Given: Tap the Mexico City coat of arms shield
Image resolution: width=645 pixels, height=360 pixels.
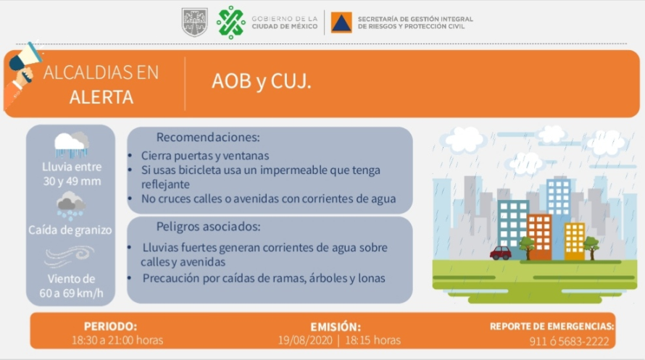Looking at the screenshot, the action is [x=194, y=22].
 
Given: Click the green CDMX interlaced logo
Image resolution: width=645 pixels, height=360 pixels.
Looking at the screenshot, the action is [x=230, y=22].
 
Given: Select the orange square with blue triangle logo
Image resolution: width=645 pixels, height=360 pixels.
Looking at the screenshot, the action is [x=341, y=22].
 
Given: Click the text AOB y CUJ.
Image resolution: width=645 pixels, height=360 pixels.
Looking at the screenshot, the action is [x=262, y=81].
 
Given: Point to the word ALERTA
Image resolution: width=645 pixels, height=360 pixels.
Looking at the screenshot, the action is [x=101, y=97].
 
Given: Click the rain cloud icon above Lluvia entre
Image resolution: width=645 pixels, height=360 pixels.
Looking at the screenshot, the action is [x=72, y=145].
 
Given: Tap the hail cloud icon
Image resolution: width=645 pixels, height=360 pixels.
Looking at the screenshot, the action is [x=71, y=206].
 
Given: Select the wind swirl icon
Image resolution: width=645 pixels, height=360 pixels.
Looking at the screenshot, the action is [x=69, y=256].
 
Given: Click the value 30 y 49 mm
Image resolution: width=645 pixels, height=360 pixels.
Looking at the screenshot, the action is [x=72, y=181].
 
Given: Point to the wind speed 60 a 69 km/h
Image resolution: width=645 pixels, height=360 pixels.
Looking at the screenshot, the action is [x=71, y=293].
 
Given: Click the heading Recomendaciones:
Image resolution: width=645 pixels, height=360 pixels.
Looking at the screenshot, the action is [x=208, y=137].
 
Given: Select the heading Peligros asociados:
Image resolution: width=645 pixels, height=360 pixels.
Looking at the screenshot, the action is [x=208, y=227].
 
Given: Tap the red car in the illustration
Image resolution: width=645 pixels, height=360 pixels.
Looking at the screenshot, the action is [x=501, y=253].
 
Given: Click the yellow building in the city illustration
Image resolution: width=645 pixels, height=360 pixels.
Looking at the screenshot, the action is [x=575, y=241].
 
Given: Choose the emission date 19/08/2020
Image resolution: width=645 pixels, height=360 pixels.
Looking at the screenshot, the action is [x=305, y=340].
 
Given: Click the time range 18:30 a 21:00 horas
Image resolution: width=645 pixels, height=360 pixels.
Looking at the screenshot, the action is [x=117, y=340].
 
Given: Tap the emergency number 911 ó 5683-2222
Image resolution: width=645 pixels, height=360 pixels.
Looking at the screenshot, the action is [x=569, y=341].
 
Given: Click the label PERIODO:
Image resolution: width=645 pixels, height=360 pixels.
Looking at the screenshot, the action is [x=110, y=327].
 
